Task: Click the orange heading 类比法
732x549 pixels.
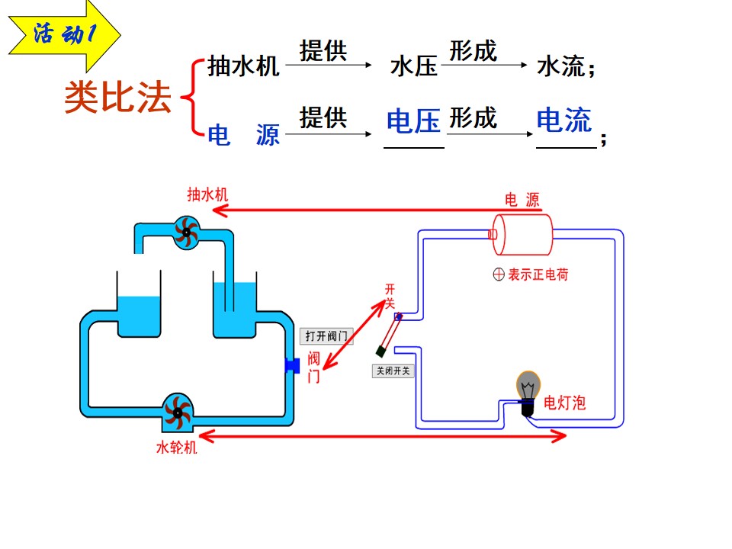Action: (118, 97)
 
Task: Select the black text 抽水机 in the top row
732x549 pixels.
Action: (243, 66)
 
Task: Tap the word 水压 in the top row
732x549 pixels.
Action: (413, 66)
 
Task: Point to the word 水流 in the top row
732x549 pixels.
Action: (560, 66)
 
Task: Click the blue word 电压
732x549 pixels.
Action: (413, 120)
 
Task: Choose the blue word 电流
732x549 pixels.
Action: (564, 120)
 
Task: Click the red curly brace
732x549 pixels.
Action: (192, 97)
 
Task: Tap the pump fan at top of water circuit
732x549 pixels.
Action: (187, 232)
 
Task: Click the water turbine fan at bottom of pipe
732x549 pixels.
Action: (178, 413)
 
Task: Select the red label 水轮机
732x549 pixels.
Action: (176, 448)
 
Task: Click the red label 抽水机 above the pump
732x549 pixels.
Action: (207, 194)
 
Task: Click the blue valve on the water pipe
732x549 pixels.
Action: (293, 365)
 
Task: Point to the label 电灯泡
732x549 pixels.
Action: (564, 403)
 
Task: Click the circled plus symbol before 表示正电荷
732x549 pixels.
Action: (499, 274)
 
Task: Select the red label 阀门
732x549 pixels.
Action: (313, 368)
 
